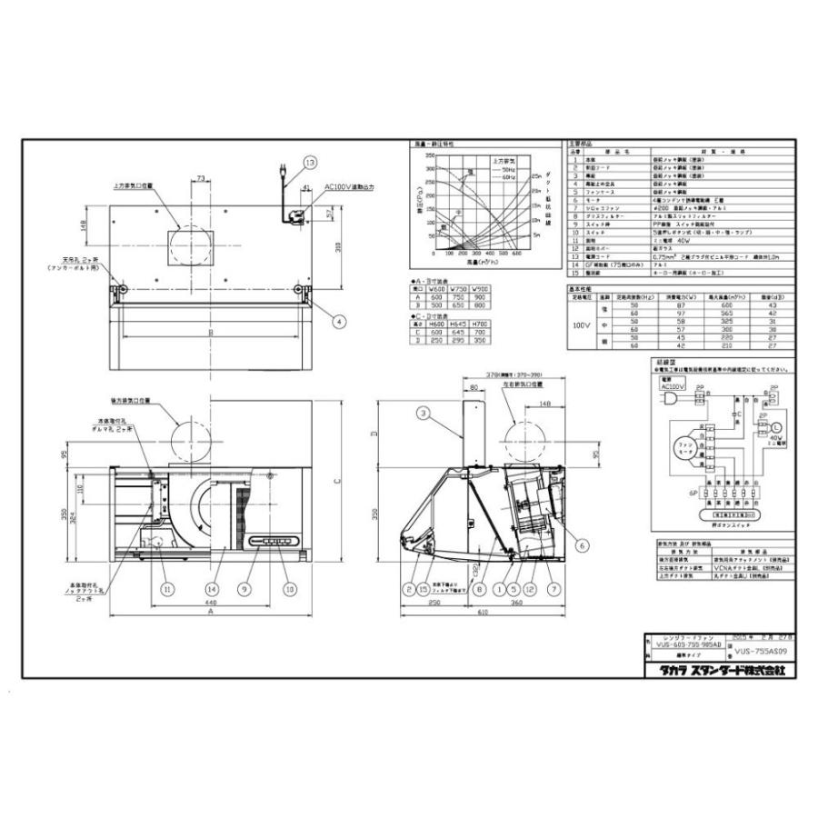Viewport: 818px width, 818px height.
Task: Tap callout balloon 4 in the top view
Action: (x=338, y=321)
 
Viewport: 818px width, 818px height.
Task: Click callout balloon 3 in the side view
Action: (x=424, y=414)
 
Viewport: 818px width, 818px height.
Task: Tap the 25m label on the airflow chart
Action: (x=537, y=175)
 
